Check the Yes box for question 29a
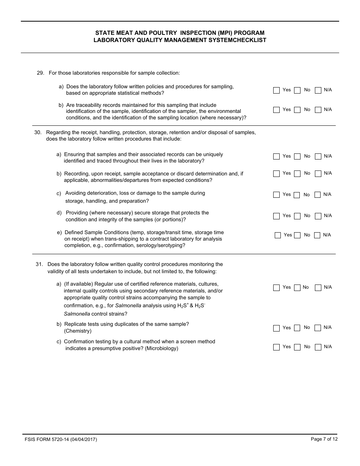[276, 90]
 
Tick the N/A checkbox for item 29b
[318, 110]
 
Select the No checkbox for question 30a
[297, 156]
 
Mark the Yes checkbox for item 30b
[276, 174]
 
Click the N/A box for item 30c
[318, 195]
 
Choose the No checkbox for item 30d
[297, 216]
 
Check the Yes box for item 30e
[278, 235]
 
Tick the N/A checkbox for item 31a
[318, 288]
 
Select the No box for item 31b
[297, 328]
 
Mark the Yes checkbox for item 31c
[276, 347]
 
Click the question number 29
[41, 73]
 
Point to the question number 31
[39, 264]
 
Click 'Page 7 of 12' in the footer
[324, 439]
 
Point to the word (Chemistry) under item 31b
[78, 331]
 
